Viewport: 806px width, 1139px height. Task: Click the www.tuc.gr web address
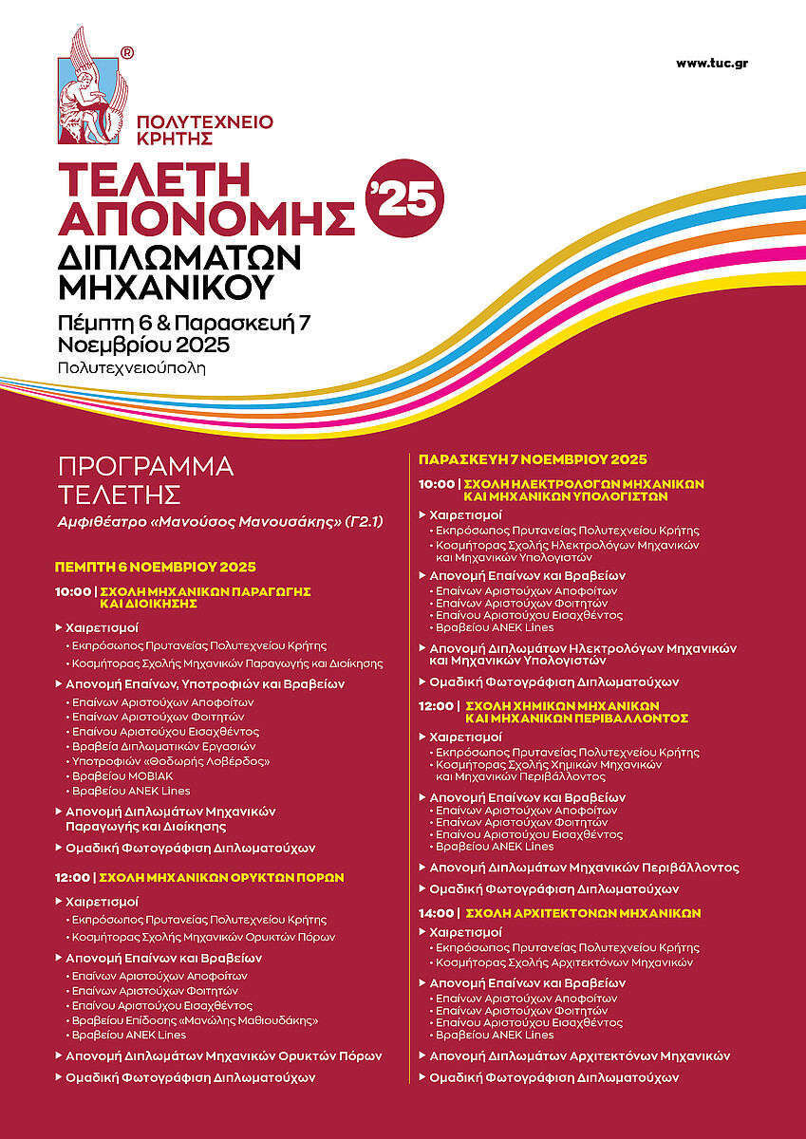tap(712, 63)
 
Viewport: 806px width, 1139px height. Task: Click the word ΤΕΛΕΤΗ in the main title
tap(154, 180)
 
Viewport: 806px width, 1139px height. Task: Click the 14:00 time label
tap(435, 913)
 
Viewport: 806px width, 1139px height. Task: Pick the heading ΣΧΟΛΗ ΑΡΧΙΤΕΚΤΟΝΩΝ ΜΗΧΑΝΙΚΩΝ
tap(580, 913)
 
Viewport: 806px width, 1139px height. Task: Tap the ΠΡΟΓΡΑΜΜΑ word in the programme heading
tap(145, 467)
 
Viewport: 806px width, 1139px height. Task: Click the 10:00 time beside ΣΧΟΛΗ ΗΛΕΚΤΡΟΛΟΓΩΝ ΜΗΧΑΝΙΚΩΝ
tap(435, 484)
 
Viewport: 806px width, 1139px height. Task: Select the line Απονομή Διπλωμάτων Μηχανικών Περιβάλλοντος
tap(584, 868)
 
